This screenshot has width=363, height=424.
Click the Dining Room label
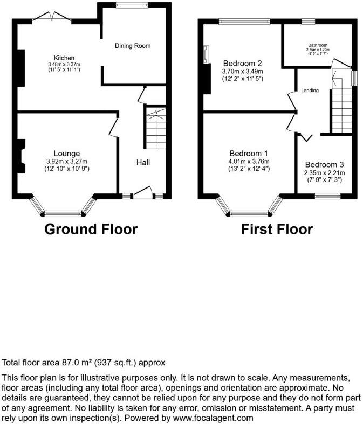(132, 46)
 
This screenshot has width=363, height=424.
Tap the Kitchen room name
(64, 58)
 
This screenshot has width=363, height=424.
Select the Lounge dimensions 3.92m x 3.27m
(67, 161)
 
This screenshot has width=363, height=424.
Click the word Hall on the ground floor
(143, 162)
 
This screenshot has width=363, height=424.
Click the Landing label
(310, 91)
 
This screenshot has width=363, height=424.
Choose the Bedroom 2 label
(242, 63)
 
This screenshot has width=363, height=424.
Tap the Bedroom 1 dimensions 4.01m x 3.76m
(249, 161)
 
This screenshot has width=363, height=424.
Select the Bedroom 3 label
(324, 165)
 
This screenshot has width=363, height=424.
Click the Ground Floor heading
(91, 230)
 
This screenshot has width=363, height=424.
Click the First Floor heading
(277, 230)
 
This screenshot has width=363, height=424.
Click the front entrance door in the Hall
(142, 193)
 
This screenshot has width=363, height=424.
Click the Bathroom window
(309, 22)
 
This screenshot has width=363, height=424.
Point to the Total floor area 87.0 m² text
(84, 363)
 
